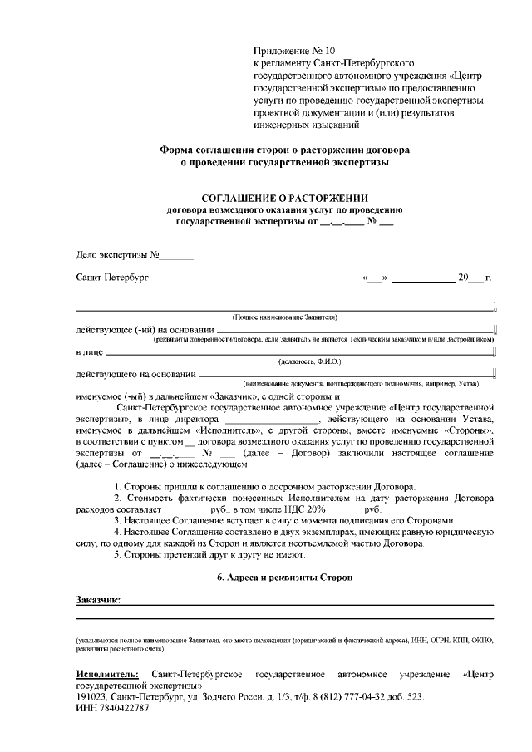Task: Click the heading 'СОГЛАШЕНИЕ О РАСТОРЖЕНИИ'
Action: tap(285, 197)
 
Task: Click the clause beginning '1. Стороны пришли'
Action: tap(288, 485)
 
